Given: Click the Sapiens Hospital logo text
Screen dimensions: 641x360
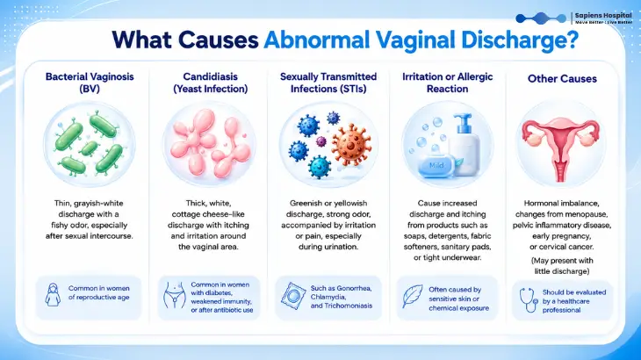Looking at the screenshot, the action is (603, 16).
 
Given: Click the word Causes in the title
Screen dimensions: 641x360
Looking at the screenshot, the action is (219, 40).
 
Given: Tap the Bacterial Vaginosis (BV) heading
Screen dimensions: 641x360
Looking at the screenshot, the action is (90, 83).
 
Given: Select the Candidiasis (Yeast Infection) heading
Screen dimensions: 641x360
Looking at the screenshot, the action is (211, 83).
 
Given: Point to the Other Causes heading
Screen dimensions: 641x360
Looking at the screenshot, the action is (562, 79).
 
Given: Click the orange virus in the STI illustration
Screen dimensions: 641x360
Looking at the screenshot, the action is (351, 144).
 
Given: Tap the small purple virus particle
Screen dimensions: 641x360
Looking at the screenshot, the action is (321, 141).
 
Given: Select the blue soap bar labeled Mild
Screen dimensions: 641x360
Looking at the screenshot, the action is (436, 165).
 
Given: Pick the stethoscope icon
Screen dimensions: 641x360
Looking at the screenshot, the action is (529, 300).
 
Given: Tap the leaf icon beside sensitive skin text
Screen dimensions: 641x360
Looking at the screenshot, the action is (413, 296).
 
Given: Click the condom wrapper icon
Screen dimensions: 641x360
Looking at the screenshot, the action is (292, 296).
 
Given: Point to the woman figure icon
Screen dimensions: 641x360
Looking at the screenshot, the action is (53, 294).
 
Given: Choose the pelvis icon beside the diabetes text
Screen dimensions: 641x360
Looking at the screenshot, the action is (175, 295).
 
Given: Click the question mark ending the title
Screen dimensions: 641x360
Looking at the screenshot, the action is (573, 40).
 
